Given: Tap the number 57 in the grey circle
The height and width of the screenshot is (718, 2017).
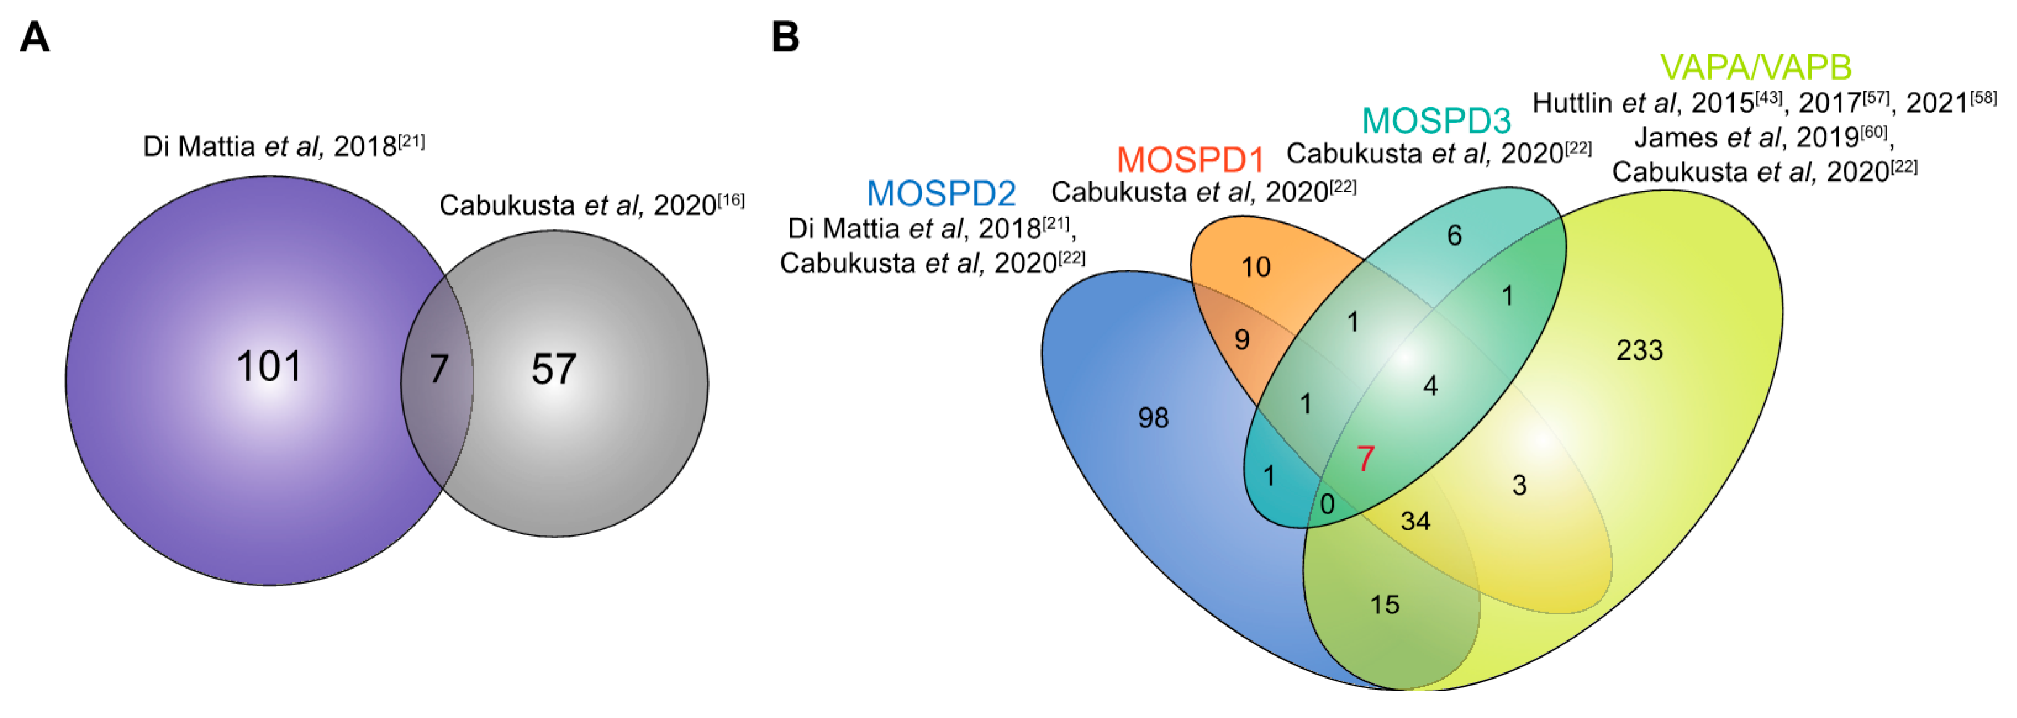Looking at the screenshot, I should pos(553,369).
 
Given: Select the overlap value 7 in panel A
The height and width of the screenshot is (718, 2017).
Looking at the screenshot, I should pos(439,369).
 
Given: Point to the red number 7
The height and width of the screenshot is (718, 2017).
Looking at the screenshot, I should pos(1365,459).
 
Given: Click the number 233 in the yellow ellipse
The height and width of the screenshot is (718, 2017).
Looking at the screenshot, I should pos(1639,350).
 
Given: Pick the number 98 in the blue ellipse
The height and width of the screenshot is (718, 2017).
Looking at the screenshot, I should pos(1153,418).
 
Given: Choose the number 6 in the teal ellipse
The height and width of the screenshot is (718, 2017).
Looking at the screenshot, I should pos(1454,235).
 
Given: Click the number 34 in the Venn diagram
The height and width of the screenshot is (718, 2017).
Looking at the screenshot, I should pos(1415,521).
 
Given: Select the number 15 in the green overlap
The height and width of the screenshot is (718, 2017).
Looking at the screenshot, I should pos(1385,605).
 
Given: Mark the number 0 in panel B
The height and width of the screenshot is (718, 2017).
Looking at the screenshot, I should pos(1327,504).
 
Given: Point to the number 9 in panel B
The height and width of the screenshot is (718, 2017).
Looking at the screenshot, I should pos(1242,340).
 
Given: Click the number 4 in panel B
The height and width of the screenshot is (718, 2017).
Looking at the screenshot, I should pos(1430,386).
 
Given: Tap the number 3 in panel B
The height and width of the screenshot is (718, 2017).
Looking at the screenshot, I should pos(1519,485).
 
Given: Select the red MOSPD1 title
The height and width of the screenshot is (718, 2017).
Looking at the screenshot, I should pos(1190,160).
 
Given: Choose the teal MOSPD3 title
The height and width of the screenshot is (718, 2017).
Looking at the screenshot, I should pos(1436,120).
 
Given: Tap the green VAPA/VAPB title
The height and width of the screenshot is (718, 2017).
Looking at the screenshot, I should pos(1755,67).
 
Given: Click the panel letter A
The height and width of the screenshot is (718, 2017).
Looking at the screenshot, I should pos(35,37).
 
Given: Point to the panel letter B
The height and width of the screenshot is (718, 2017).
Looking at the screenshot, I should pos(785,37).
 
